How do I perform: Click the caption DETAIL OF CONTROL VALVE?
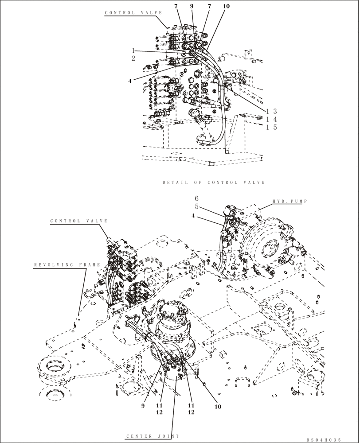pyautogui.click(x=213, y=182)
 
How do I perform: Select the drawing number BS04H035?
pyautogui.click(x=323, y=440)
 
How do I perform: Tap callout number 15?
pyautogui.click(x=271, y=127)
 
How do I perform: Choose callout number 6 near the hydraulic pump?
pyautogui.click(x=197, y=198)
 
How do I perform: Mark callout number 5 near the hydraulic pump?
pyautogui.click(x=197, y=207)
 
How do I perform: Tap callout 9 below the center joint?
pyautogui.click(x=143, y=405)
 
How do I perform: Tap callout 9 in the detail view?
pyautogui.click(x=192, y=7)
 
